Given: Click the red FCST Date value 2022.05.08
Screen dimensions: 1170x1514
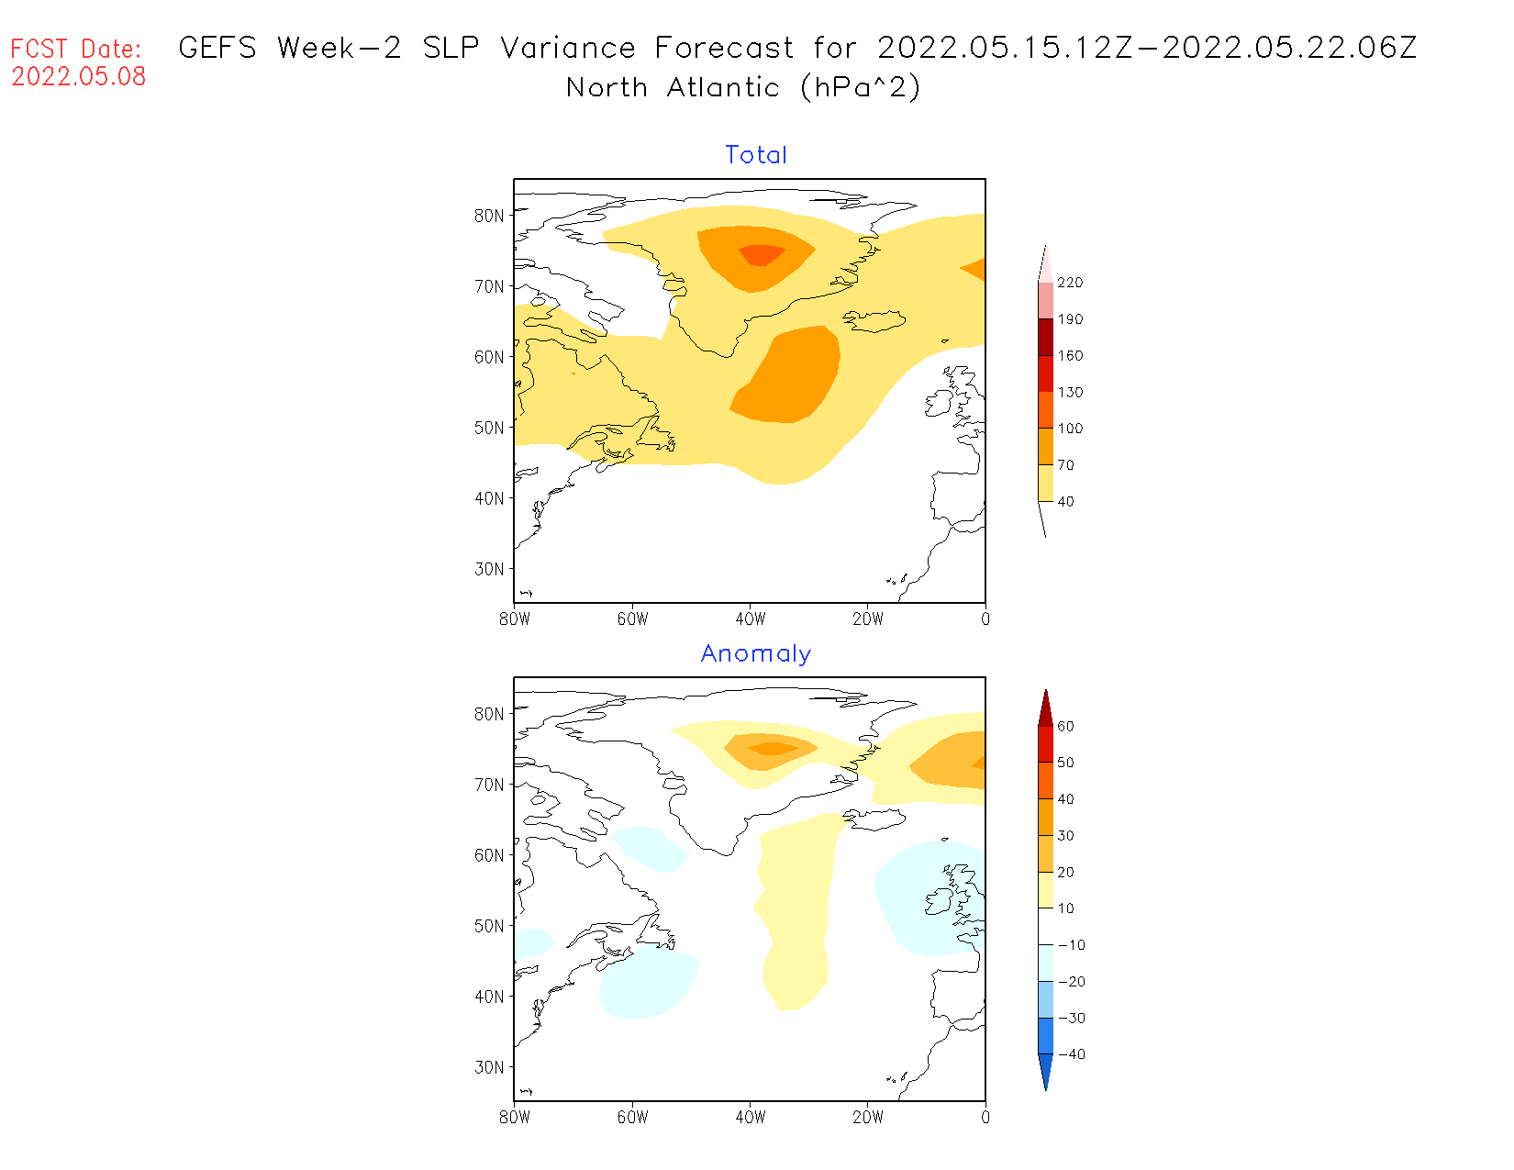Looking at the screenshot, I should pyautogui.click(x=79, y=76).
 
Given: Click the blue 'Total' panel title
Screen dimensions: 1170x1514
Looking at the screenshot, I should pyautogui.click(x=756, y=155).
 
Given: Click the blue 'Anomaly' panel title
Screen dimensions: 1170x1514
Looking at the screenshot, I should pyautogui.click(x=756, y=653).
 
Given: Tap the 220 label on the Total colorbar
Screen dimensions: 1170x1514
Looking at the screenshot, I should pyautogui.click(x=1070, y=283).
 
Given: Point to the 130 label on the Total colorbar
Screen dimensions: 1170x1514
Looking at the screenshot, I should pyautogui.click(x=1070, y=392).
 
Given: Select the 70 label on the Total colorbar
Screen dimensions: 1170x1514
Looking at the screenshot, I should pyautogui.click(x=1065, y=465).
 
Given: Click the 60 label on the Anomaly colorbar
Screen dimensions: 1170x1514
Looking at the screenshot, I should pyautogui.click(x=1065, y=726).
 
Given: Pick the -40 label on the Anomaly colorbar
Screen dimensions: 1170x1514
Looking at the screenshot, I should pyautogui.click(x=1071, y=1054).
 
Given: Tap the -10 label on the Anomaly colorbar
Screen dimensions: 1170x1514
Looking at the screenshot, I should pyautogui.click(x=1071, y=945).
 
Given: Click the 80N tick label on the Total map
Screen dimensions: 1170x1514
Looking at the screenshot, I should pyautogui.click(x=489, y=216).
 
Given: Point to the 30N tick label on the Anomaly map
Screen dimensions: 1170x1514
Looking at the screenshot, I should pyautogui.click(x=489, y=1067).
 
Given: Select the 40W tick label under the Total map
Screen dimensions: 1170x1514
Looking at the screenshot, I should pyautogui.click(x=751, y=619).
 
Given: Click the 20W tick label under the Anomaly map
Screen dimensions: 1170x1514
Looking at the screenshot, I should pyautogui.click(x=868, y=1118).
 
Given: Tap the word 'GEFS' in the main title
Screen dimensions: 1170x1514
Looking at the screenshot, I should pyautogui.click(x=217, y=48).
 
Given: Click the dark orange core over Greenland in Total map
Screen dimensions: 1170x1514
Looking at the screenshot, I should pyautogui.click(x=761, y=254).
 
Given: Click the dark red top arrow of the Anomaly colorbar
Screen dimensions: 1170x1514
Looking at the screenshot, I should pyautogui.click(x=1045, y=708).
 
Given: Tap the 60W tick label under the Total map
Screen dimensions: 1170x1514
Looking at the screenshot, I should pyautogui.click(x=632, y=619).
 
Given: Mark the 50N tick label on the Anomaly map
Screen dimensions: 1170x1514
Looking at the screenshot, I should pyautogui.click(x=489, y=926).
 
